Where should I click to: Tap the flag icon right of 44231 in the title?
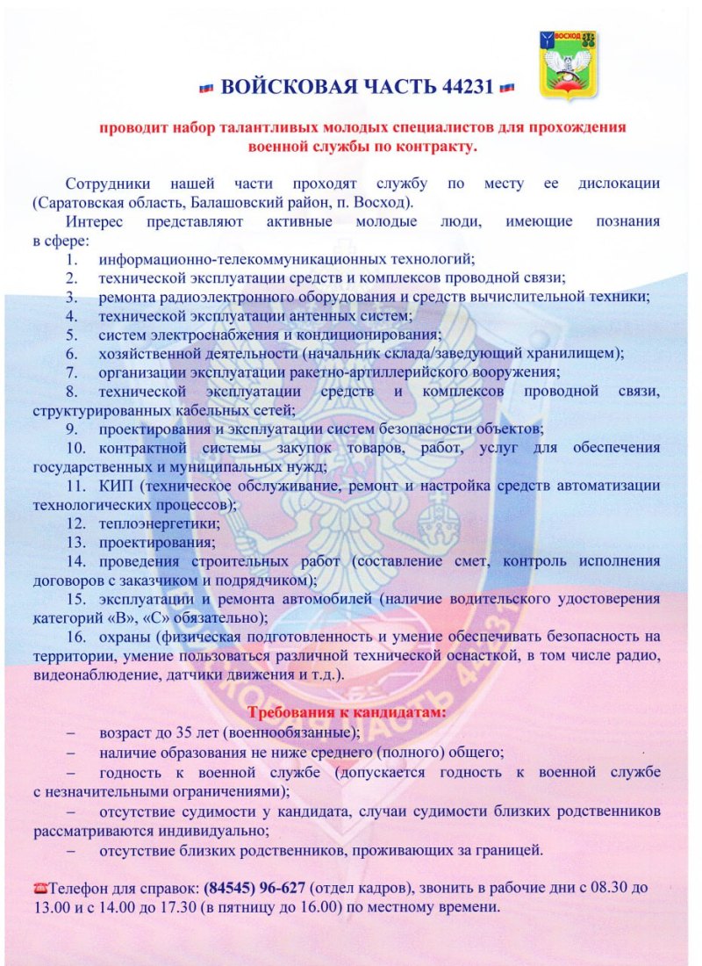(505, 88)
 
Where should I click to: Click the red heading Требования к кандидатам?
(347, 712)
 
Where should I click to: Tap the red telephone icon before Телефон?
(39, 889)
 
